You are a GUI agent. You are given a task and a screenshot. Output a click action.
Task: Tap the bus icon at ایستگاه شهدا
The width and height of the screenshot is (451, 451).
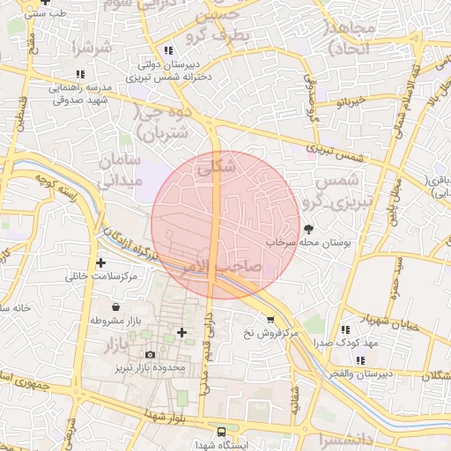coord(221,432)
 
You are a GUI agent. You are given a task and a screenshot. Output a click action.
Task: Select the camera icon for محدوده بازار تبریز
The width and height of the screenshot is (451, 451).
coord(150,354)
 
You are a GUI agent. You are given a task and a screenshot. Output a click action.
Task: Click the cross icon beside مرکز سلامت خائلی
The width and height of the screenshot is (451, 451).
coord(100,262)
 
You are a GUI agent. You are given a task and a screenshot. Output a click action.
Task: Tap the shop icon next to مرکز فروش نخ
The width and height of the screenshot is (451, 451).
coord(270,320)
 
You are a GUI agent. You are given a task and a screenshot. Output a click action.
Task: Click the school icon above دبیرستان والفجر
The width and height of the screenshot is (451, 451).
coord(360,359)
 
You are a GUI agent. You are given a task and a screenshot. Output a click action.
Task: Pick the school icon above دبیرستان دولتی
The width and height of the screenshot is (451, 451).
coord(168,50)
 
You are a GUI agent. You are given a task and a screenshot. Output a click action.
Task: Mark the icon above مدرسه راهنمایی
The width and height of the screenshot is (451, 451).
coord(80,74)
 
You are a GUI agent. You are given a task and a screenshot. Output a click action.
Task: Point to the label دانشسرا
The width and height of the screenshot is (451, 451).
coord(371,438)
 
